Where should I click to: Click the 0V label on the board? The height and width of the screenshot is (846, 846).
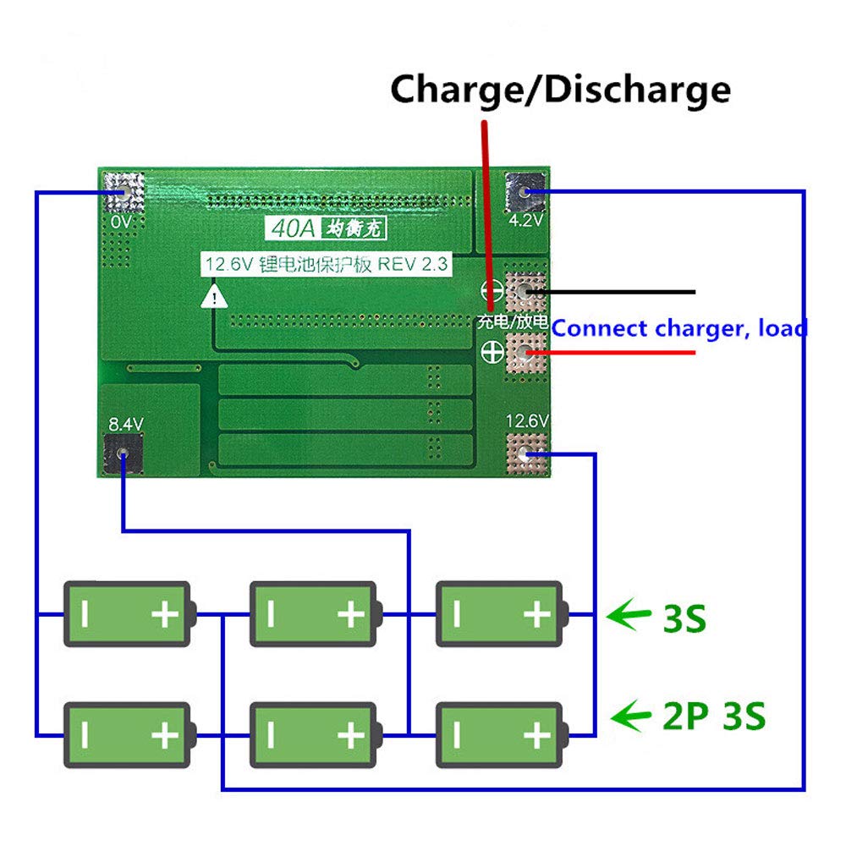pyautogui.click(x=121, y=222)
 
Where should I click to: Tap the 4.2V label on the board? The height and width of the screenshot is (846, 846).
pyautogui.click(x=525, y=222)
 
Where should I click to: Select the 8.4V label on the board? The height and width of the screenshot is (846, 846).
pyautogui.click(x=124, y=422)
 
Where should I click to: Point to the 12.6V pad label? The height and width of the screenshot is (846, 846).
pyautogui.click(x=527, y=420)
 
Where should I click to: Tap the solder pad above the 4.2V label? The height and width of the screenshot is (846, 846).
pyautogui.click(x=525, y=193)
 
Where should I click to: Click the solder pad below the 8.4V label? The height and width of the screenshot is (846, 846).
pyautogui.click(x=124, y=455)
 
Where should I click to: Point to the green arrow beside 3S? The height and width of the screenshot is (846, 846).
pyautogui.click(x=629, y=614)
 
